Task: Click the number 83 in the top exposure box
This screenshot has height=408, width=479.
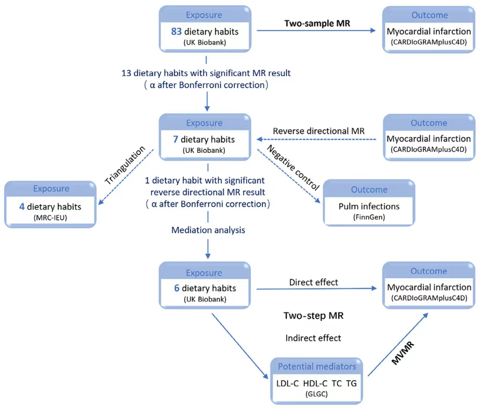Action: click(x=176, y=32)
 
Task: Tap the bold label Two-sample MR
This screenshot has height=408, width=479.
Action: click(x=317, y=23)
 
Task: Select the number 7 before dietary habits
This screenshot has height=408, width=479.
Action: click(x=175, y=139)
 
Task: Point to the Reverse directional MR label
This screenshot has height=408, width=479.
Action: click(x=319, y=131)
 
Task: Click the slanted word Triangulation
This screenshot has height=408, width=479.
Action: click(x=125, y=165)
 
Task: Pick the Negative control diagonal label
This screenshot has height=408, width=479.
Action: click(x=293, y=168)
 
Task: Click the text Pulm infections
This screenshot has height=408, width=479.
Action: click(x=369, y=206)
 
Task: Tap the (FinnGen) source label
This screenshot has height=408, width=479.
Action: click(x=369, y=217)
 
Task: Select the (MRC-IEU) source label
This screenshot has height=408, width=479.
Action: click(x=50, y=217)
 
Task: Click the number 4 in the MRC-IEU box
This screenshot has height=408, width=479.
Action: click(x=22, y=207)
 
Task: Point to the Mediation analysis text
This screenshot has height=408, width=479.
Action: click(x=208, y=230)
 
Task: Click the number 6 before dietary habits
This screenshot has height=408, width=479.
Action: click(x=176, y=288)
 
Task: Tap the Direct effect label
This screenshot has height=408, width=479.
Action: click(x=314, y=282)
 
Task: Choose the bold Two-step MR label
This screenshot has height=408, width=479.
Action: click(x=314, y=316)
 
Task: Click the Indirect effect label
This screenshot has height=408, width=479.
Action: click(x=313, y=338)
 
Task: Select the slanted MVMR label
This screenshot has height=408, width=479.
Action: click(x=403, y=353)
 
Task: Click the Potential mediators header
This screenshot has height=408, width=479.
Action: click(x=317, y=367)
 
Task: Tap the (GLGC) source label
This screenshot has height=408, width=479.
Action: click(x=317, y=394)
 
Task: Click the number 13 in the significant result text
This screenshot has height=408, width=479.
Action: click(x=126, y=74)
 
